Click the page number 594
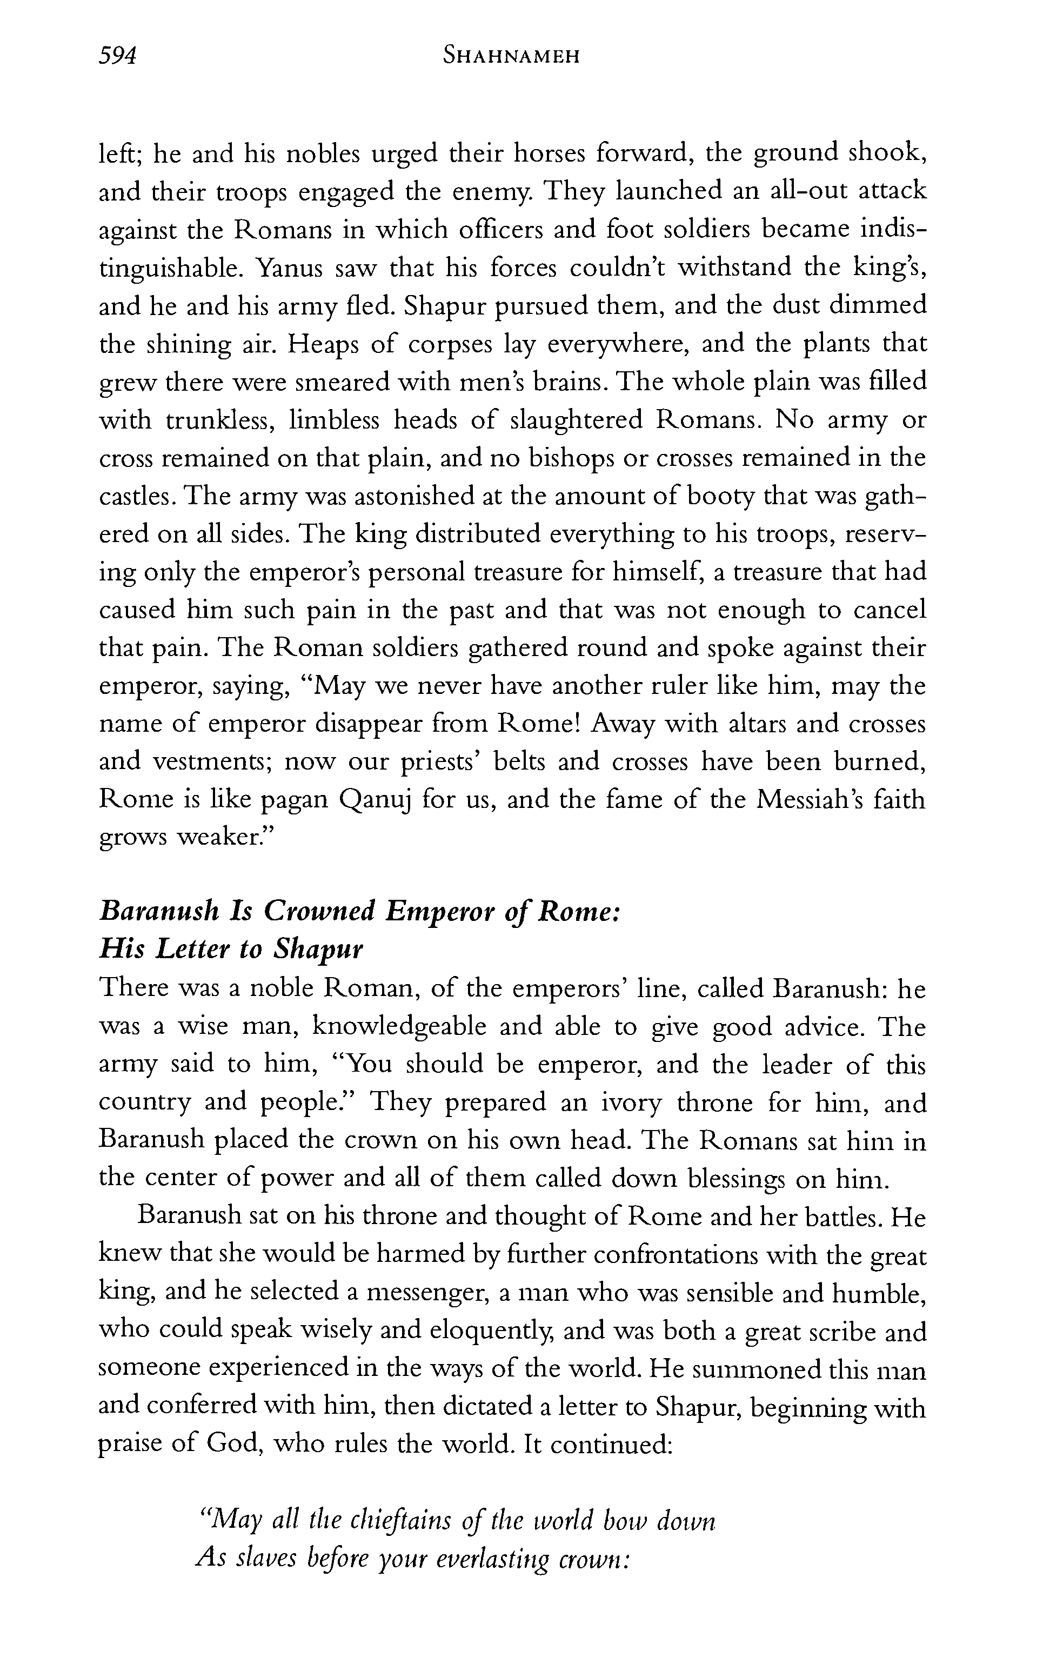118,55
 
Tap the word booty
718,497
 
